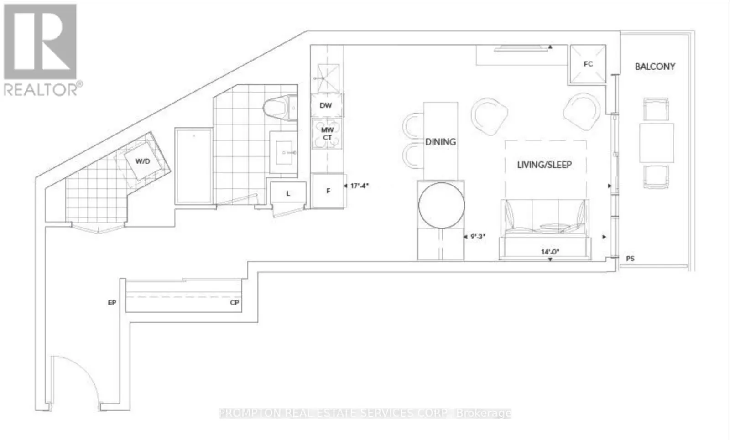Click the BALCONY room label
coord(655,67)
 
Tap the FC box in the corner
coord(588,64)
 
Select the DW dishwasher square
coord(326,105)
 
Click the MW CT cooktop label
coord(327,134)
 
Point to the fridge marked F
coord(328,191)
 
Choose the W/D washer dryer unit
coord(143,161)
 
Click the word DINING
coord(440,142)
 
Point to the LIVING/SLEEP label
coord(544,165)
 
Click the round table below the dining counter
coord(441,205)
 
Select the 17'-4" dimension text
coord(359,186)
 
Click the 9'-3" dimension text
coord(478,237)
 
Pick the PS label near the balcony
coord(630,259)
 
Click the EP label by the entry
coord(112,302)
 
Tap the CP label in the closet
coord(235,302)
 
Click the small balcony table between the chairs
coord(657,143)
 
